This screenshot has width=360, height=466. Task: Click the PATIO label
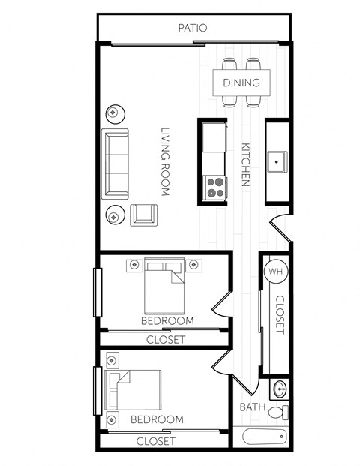(192, 28)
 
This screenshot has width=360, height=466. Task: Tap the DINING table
(241, 83)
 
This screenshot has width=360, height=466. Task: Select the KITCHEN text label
(245, 165)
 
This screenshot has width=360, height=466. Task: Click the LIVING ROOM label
(165, 161)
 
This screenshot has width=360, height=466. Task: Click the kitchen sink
(278, 161)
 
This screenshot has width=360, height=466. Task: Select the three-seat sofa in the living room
(115, 163)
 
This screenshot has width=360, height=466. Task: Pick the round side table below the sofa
(113, 216)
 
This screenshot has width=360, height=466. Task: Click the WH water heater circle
(275, 272)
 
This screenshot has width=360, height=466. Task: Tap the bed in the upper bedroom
(165, 286)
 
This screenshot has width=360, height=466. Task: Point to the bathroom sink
(278, 389)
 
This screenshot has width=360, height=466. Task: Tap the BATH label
(251, 407)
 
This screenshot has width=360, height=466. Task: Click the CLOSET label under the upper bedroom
(165, 339)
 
